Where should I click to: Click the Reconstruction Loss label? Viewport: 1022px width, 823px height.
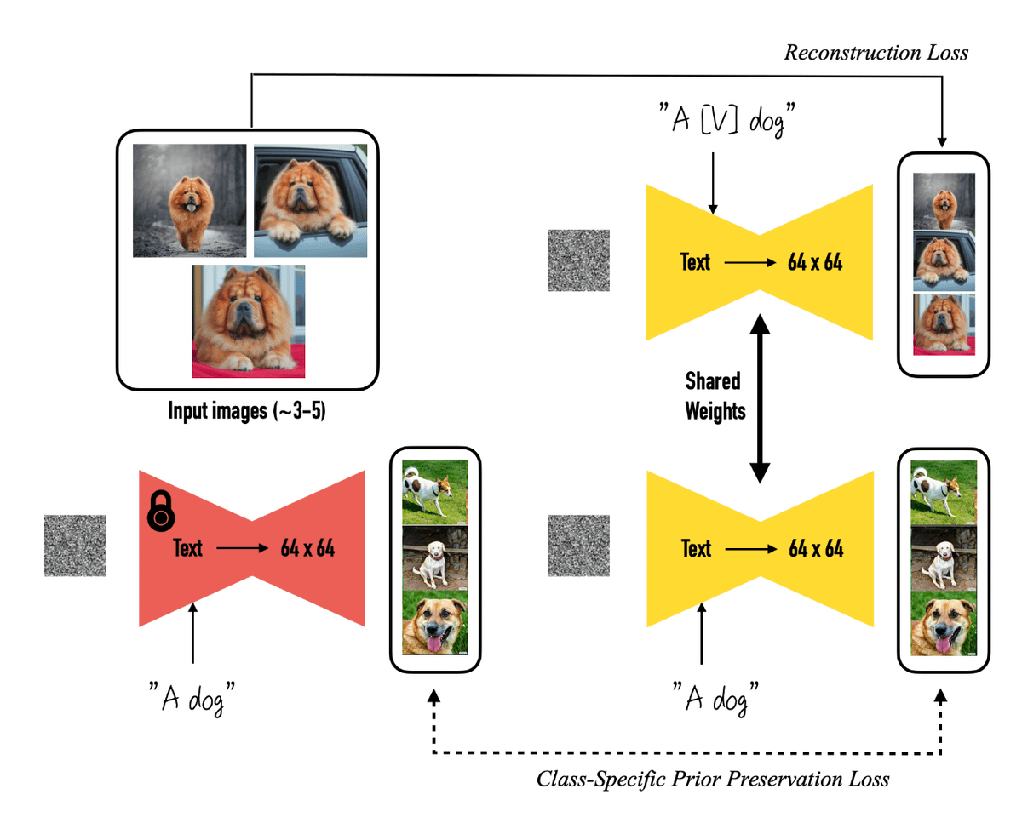point(876,53)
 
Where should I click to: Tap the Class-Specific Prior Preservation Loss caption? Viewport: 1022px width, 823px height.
point(713,778)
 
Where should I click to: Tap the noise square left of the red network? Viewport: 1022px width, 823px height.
point(75,546)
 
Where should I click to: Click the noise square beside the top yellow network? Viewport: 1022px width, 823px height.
point(579,260)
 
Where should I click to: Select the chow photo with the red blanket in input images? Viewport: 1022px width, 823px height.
point(248,321)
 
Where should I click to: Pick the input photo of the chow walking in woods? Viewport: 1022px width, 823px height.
point(189,201)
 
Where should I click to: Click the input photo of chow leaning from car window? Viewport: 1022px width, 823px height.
point(310,201)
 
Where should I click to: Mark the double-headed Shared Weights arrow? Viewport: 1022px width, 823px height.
point(758,397)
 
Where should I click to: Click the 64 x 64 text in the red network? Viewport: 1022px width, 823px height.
point(308,548)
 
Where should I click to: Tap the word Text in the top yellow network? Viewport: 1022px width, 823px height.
point(695,262)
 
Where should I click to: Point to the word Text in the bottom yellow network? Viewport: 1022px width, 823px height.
point(696,548)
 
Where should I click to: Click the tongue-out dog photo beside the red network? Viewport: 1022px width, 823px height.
point(435,625)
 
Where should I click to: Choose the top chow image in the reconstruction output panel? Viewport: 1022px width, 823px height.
point(944,202)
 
